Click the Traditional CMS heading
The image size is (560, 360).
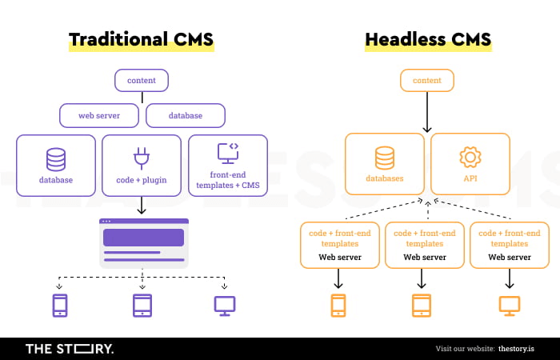point(141,40)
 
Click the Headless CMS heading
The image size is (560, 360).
point(427,40)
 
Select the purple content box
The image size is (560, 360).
point(142,80)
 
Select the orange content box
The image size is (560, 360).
point(426,80)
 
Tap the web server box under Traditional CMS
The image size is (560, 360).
point(99,115)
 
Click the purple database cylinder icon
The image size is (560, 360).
point(56,159)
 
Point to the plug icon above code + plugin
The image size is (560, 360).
point(142,158)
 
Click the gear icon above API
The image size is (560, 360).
point(469,157)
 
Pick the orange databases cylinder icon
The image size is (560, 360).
point(385,158)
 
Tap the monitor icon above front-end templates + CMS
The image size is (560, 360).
point(228,154)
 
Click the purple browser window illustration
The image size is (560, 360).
point(144,242)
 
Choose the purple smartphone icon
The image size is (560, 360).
point(59,305)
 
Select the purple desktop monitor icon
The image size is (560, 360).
point(225,305)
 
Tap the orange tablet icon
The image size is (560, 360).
point(422,305)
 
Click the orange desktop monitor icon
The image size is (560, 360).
point(509,305)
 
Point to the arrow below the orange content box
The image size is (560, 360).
point(426,112)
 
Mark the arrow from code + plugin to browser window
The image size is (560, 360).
point(142,206)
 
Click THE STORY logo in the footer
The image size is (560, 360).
point(70,349)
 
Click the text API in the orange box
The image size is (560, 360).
point(470,179)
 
